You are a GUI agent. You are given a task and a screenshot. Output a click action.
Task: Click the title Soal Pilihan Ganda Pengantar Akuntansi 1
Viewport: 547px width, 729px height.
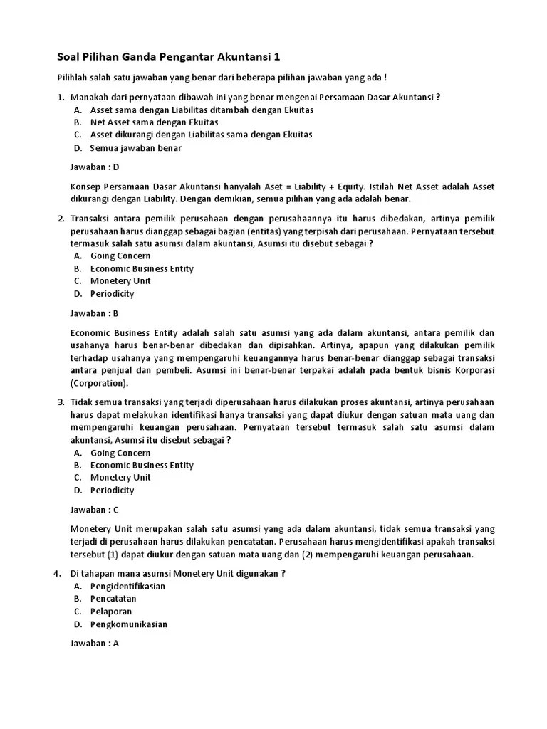coord(169,56)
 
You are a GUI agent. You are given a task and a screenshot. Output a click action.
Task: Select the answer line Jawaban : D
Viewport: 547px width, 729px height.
coord(95,167)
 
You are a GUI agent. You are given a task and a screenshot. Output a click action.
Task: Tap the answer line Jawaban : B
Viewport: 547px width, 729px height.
coord(95,313)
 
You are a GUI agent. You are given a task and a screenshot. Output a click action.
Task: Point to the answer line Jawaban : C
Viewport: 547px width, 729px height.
coord(95,510)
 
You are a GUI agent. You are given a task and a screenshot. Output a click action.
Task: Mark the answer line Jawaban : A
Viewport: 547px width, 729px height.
coord(95,644)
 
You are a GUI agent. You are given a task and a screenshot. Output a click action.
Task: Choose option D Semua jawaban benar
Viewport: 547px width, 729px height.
coord(135,148)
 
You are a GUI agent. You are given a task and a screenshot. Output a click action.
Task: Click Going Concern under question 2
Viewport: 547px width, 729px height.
coord(120,256)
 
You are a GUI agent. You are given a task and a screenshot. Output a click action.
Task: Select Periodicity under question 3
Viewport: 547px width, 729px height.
coord(112,491)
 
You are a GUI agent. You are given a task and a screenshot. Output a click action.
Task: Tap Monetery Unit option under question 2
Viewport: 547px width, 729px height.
coord(120,280)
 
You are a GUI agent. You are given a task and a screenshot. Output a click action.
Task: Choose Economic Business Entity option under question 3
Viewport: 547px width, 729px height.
coord(142,465)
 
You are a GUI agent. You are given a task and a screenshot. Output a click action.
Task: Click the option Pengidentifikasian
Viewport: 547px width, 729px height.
coord(127,586)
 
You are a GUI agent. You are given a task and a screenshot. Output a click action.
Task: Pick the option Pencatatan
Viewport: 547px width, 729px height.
coord(113,599)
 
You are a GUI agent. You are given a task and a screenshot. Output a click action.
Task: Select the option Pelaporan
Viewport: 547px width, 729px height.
coord(111,612)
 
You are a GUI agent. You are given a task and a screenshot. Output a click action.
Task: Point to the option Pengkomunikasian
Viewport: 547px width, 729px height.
coord(129,624)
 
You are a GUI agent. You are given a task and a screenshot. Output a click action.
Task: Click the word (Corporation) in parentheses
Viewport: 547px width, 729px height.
coord(100,383)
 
